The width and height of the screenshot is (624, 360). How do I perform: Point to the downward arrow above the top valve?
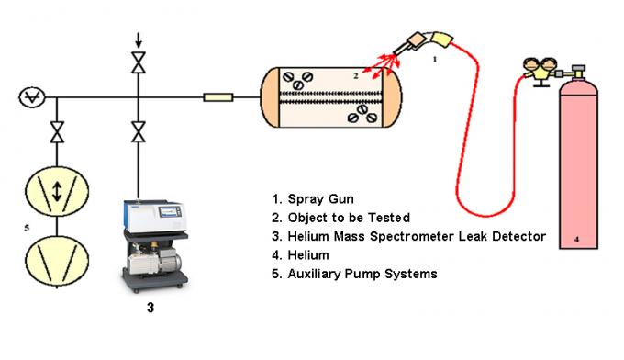pos(139,39)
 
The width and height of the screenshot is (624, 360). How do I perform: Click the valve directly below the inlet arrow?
pos(139,63)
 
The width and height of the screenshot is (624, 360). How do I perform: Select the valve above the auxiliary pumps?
pos(57,131)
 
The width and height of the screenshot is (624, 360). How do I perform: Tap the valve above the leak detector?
pos(139,131)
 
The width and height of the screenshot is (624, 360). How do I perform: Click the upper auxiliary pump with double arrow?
pos(57,191)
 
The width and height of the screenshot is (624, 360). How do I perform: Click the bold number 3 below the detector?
pos(151,309)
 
